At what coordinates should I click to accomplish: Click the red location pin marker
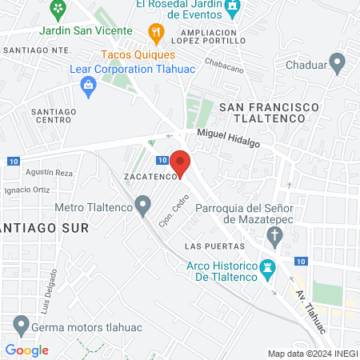pos(181,162)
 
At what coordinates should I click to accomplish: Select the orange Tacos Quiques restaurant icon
pos(156,34)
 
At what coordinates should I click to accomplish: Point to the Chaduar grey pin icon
pos(338,62)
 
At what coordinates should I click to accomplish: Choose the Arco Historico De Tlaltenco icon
pos(268,267)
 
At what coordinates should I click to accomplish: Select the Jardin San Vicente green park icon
pos(58,10)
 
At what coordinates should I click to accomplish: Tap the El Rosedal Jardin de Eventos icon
pos(232,6)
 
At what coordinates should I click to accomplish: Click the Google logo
pos(27,350)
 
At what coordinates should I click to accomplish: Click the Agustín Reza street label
pos(50,172)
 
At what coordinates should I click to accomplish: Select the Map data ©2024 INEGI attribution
pos(312,353)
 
